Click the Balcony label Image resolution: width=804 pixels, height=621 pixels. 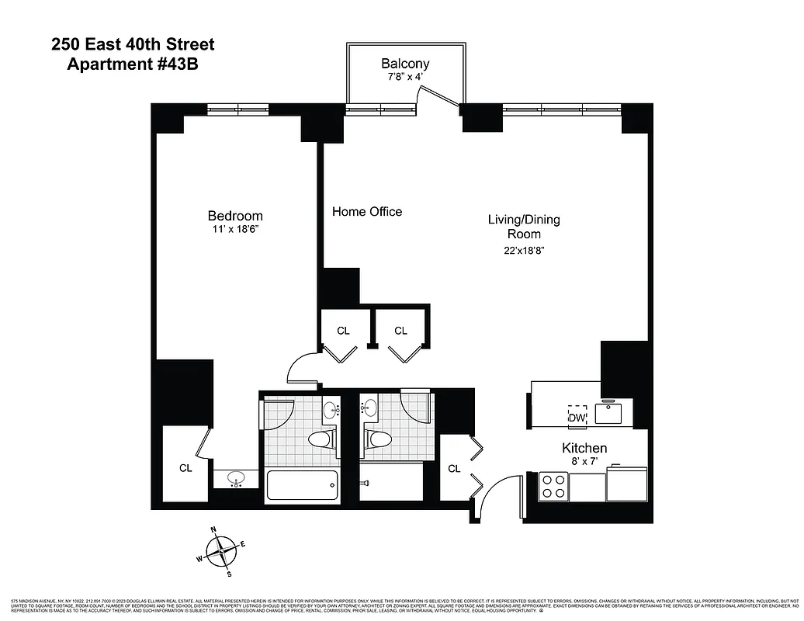(x=404, y=64)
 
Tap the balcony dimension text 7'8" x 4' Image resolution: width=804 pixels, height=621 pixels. (x=404, y=78)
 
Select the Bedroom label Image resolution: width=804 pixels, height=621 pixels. (x=234, y=216)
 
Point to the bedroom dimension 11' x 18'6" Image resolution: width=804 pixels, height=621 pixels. (x=234, y=231)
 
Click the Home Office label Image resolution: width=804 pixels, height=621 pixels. (x=367, y=211)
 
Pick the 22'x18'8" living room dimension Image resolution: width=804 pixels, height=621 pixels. (x=523, y=250)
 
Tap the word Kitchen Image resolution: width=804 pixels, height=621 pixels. (x=584, y=448)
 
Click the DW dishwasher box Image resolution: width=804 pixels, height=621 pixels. (x=577, y=417)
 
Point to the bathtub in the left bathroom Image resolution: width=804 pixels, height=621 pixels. (x=302, y=485)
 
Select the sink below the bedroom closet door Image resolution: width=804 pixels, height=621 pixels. (x=236, y=480)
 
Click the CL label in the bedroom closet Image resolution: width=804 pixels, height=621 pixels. (x=185, y=467)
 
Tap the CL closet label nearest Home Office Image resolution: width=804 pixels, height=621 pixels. (x=343, y=331)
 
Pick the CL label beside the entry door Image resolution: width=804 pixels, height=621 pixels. (x=454, y=468)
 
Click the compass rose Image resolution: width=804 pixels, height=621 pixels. (x=221, y=551)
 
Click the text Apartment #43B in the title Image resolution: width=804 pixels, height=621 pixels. (x=133, y=64)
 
